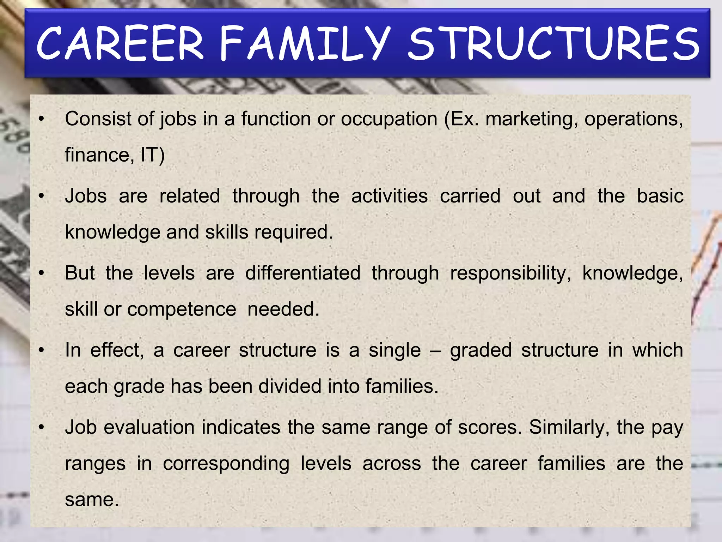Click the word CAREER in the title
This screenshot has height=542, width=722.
pos(120,44)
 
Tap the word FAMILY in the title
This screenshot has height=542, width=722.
pos(305,44)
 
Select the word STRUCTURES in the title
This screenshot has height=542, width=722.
pos(553,44)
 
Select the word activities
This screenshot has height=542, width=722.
pos(390,196)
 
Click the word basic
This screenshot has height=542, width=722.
pos(660,196)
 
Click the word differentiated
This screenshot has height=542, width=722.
pos(303,273)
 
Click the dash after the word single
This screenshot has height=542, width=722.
pos(435,351)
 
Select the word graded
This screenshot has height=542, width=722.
pos(481,351)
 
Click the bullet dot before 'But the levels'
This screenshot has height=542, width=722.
pos(42,273)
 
